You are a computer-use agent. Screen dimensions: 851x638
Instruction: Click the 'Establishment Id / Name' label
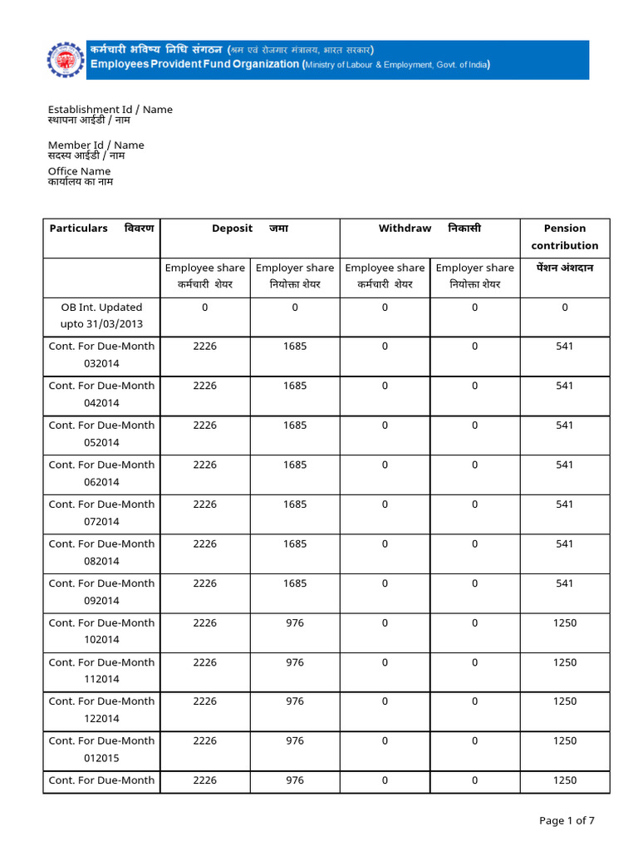click(110, 110)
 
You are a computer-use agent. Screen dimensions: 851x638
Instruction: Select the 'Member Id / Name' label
click(96, 145)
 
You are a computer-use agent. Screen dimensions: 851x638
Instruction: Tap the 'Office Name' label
click(79, 171)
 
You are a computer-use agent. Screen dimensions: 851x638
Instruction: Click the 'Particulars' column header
click(79, 229)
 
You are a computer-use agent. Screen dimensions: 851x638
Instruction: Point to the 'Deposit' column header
click(233, 229)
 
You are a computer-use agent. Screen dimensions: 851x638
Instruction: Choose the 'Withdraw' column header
click(405, 229)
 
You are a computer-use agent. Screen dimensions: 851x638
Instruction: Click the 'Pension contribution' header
click(565, 237)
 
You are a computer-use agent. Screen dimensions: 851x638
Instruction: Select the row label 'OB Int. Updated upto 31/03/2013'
click(101, 316)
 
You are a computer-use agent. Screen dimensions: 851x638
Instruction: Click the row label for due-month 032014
click(101, 355)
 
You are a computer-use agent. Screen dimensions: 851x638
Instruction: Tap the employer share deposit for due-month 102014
click(295, 623)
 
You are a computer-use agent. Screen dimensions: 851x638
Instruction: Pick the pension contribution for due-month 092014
click(565, 583)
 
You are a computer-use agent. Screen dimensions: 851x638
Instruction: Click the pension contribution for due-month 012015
click(565, 741)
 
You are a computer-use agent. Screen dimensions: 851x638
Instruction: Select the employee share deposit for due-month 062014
click(204, 465)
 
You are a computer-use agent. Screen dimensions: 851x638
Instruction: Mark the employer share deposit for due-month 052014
click(295, 425)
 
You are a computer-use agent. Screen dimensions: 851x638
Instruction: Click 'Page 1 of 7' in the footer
click(567, 821)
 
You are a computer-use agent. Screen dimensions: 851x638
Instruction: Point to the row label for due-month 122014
click(101, 710)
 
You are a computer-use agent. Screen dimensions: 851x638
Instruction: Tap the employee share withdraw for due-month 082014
click(385, 544)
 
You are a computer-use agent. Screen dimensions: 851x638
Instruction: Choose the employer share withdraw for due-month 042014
click(475, 386)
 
